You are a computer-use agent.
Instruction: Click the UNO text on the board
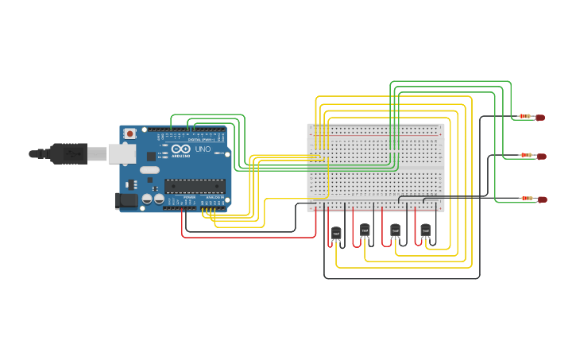(203, 149)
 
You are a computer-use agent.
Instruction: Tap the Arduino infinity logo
(180, 149)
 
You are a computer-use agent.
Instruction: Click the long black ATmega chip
(195, 186)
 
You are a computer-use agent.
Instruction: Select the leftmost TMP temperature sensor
(335, 233)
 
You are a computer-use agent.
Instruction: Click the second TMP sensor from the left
(365, 230)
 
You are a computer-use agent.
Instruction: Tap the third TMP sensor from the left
(395, 230)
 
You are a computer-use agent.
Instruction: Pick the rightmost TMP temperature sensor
(425, 230)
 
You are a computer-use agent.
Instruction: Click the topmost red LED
(541, 117)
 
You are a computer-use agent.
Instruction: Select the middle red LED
(541, 156)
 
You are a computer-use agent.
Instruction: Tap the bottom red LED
(541, 199)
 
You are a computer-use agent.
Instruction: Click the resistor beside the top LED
(524, 116)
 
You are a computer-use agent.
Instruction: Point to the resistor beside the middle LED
(524, 155)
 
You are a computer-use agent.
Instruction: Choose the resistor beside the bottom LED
(524, 198)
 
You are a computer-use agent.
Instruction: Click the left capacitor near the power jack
(147, 199)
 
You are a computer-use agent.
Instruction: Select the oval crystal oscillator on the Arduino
(149, 169)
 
